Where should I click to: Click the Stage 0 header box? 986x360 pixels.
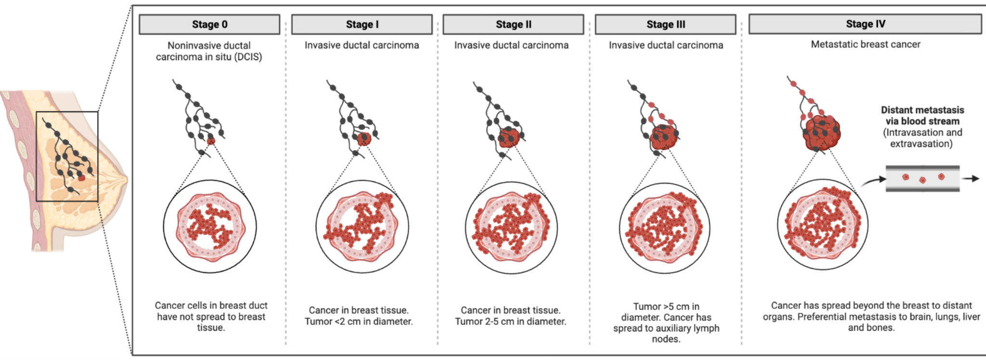click(x=209, y=25)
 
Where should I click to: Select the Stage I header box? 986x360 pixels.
click(x=362, y=25)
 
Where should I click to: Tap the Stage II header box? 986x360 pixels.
click(x=513, y=25)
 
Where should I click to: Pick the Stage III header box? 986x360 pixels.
click(x=666, y=25)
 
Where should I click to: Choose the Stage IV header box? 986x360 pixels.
click(x=865, y=24)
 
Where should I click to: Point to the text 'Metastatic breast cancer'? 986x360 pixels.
click(x=866, y=44)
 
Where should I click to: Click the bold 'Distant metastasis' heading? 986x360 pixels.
click(x=922, y=110)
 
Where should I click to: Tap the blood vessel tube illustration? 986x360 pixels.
click(x=922, y=179)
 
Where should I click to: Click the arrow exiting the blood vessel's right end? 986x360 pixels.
click(x=971, y=179)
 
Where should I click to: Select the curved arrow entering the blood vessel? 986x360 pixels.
click(x=873, y=181)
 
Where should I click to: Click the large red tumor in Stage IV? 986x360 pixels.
click(x=821, y=132)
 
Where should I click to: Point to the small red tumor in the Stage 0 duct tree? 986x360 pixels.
click(x=211, y=141)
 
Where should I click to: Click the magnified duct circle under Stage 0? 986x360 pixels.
click(x=210, y=226)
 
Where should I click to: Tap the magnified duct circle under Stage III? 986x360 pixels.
click(x=665, y=227)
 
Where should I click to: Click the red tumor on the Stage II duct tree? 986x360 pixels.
click(x=509, y=138)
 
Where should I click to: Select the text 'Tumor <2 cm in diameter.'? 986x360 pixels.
click(x=359, y=321)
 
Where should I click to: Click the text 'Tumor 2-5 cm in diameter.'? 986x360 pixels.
click(x=511, y=321)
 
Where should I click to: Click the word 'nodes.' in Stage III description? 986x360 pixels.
click(x=666, y=339)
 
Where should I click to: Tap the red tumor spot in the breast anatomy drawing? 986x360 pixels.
click(x=82, y=178)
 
